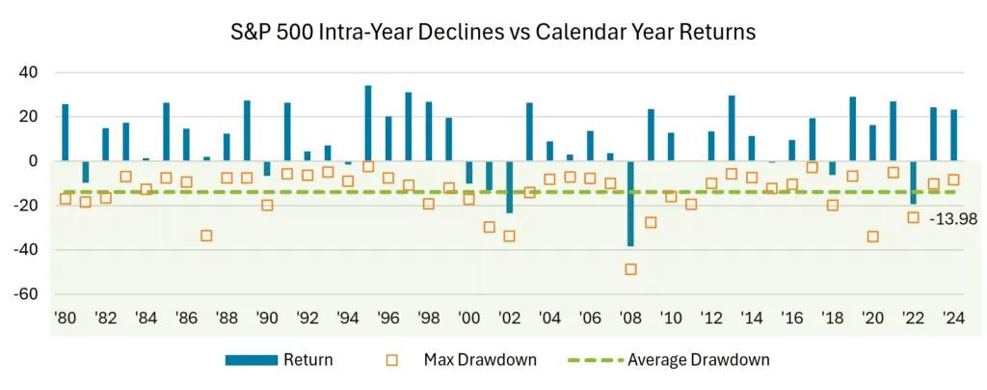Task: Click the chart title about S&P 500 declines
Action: click(493, 31)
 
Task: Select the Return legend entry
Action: click(280, 360)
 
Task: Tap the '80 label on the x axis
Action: click(66, 319)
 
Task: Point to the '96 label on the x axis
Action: click(388, 319)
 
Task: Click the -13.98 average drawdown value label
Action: click(953, 220)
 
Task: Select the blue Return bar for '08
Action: click(630, 203)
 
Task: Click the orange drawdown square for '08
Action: click(630, 269)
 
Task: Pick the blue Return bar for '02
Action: click(509, 186)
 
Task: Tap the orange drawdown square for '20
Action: click(873, 237)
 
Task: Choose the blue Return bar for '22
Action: click(914, 181)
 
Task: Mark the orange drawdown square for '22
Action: click(914, 218)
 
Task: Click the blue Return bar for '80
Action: click(66, 132)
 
